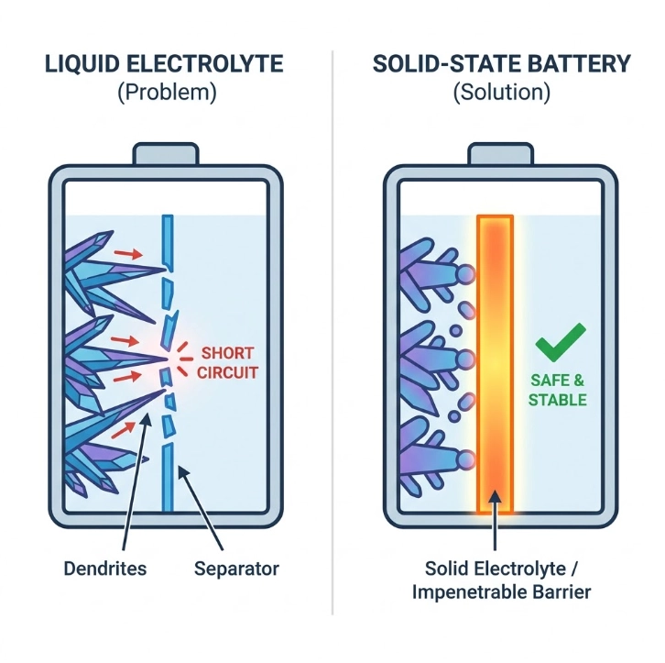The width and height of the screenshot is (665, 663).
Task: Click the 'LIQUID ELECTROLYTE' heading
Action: (164, 64)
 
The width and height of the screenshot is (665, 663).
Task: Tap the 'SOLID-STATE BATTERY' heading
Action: (502, 64)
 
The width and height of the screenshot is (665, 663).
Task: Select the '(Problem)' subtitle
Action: (167, 92)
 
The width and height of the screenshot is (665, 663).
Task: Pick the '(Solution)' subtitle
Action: (502, 92)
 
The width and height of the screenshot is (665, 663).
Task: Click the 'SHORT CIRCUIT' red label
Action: (227, 363)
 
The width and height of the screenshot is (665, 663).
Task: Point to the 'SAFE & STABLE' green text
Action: (557, 390)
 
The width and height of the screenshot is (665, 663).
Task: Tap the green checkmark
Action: (561, 342)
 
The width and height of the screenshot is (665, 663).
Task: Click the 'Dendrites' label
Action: (104, 569)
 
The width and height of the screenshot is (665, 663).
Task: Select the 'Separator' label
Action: (236, 569)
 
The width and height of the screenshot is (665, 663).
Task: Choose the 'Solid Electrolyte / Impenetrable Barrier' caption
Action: (501, 580)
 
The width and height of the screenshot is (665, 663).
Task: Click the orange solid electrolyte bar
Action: (495, 364)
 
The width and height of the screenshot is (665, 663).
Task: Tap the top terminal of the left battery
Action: (166, 154)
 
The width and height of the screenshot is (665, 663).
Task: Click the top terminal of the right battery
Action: (500, 154)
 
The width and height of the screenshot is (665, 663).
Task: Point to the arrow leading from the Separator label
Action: (201, 509)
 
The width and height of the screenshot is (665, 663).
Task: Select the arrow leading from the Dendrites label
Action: (136, 481)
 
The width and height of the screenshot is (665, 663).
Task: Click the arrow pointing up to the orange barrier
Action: (495, 520)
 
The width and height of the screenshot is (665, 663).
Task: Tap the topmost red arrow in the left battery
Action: (128, 254)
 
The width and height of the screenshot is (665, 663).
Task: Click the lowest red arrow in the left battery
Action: (124, 430)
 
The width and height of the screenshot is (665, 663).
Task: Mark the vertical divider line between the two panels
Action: (332, 332)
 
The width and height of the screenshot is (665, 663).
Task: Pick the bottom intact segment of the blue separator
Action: (168, 478)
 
